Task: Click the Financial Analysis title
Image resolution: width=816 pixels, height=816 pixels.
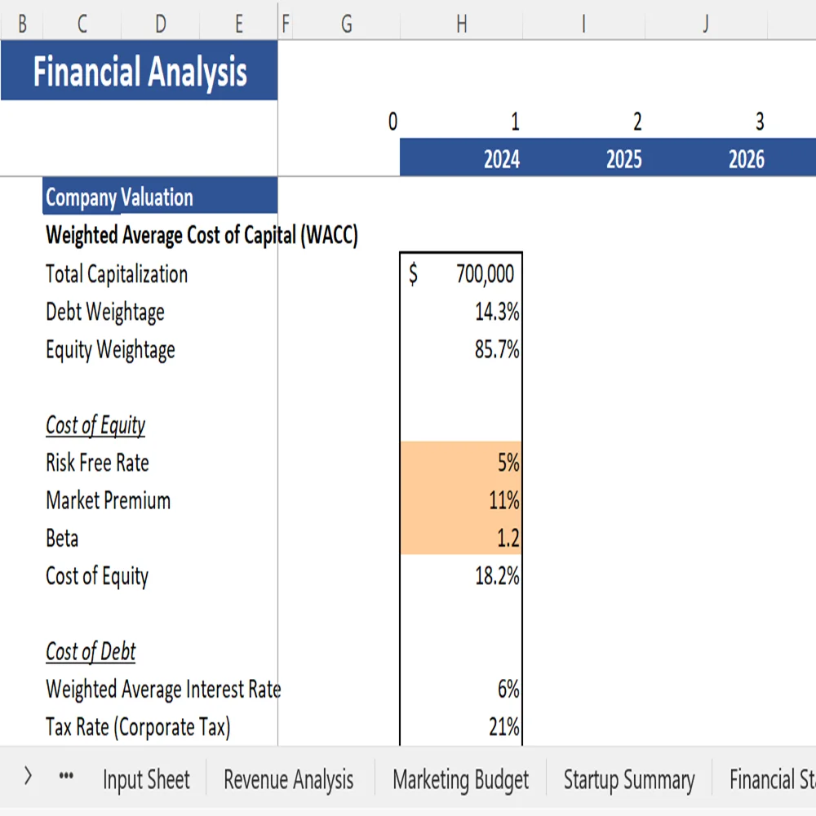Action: [x=140, y=72]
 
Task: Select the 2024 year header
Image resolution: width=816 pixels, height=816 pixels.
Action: [x=501, y=158]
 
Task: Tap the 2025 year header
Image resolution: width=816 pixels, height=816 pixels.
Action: [x=623, y=158]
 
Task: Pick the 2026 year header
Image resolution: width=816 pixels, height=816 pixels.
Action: [x=746, y=158]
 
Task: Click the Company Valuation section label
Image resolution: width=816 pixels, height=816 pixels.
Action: [x=119, y=197]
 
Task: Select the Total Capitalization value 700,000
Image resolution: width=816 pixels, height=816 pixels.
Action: [x=485, y=274]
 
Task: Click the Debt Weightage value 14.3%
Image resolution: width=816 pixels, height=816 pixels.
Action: [x=497, y=312]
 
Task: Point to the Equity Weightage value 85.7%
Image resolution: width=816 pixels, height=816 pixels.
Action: [x=497, y=349]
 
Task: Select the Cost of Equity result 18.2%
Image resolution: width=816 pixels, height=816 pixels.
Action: [x=497, y=576]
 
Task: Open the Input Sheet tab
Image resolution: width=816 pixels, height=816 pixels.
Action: [x=146, y=779]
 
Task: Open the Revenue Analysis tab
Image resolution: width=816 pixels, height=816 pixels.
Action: [x=289, y=779]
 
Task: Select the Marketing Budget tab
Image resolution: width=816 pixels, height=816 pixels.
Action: [x=460, y=779]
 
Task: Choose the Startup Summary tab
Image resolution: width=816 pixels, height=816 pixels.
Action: [x=628, y=779]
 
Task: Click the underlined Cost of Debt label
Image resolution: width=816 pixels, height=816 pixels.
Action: [x=91, y=652]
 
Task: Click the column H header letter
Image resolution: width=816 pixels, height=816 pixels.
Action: [x=461, y=24]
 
